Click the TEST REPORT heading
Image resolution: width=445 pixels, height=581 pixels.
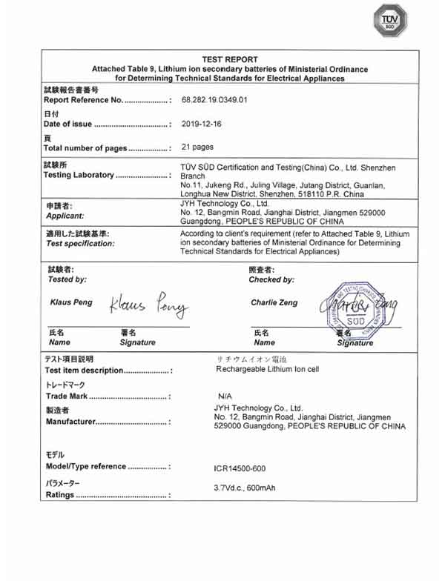pyautogui.click(x=230, y=59)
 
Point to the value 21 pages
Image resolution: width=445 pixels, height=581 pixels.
pyautogui.click(x=197, y=147)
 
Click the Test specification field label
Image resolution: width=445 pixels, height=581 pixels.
pyautogui.click(x=80, y=243)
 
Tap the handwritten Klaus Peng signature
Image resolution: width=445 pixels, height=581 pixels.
pyautogui.click(x=149, y=305)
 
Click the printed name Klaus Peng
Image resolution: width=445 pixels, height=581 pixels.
pyautogui.click(x=70, y=302)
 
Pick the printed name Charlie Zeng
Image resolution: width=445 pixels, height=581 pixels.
pyautogui.click(x=275, y=302)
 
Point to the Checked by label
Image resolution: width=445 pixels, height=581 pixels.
pyautogui.click(x=272, y=279)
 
